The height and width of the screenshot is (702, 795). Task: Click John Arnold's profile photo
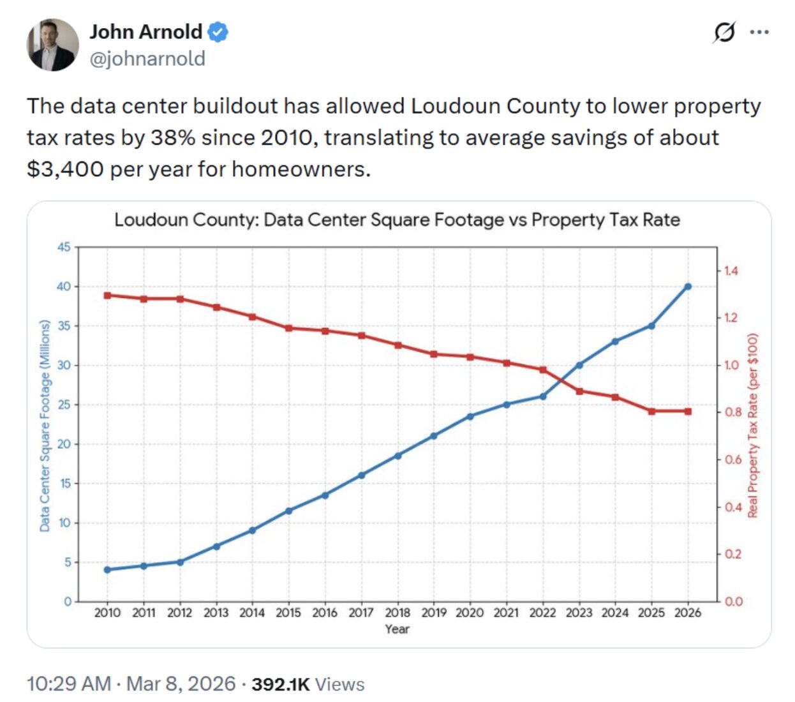[52, 45]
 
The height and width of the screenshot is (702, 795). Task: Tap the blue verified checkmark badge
[218, 32]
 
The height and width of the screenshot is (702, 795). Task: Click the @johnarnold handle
[147, 59]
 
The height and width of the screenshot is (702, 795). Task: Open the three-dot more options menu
[759, 32]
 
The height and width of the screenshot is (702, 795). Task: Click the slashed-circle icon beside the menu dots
[724, 32]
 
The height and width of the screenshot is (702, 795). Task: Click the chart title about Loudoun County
[397, 220]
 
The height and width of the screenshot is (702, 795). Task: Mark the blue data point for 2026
[688, 287]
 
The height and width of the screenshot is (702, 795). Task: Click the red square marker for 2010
[107, 295]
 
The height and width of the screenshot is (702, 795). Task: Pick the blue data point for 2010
[107, 569]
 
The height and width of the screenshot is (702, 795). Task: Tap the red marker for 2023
[579, 391]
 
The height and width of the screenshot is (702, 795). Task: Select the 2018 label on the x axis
[397, 613]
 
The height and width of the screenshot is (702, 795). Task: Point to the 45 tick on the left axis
[64, 247]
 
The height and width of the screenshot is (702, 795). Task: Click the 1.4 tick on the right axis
[731, 271]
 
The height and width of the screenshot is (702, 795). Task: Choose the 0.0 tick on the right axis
[734, 601]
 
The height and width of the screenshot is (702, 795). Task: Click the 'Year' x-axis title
[397, 629]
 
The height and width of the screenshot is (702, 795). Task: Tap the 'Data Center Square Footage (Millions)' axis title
[45, 426]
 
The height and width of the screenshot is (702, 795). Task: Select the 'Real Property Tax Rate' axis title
[753, 426]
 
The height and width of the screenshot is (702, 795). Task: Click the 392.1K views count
[280, 684]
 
